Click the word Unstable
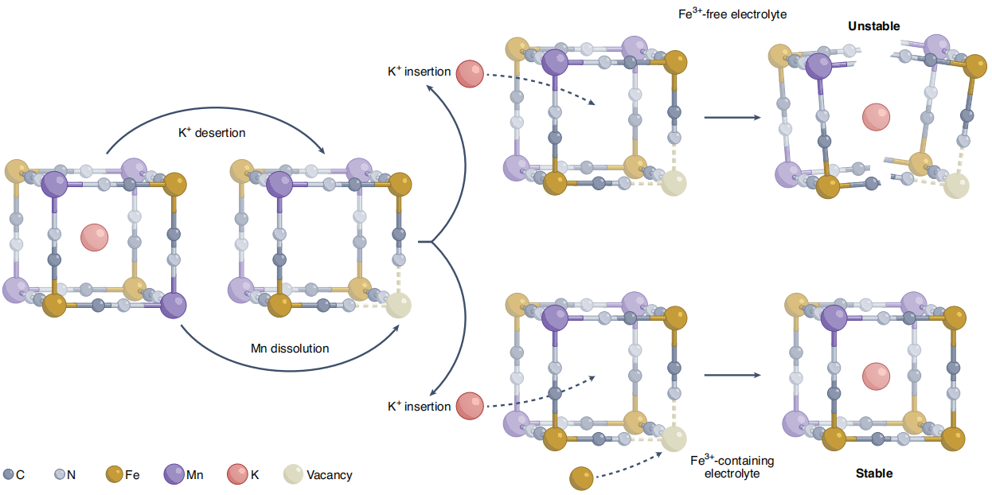point(873,26)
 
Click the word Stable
point(874,474)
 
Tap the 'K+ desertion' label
point(211,133)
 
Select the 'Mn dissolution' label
point(290,348)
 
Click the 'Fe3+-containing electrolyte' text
point(732,467)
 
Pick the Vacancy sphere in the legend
point(294,475)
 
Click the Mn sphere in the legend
point(174,475)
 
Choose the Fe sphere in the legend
point(114,475)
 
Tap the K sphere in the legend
point(237,475)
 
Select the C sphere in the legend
point(8,475)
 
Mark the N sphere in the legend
point(59,475)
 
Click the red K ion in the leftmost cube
point(94,237)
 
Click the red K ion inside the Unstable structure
point(877,117)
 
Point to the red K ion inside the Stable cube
point(877,376)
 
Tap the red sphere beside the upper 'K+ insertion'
point(470,73)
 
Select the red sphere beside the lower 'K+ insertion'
point(470,405)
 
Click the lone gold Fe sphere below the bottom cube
point(581,478)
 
